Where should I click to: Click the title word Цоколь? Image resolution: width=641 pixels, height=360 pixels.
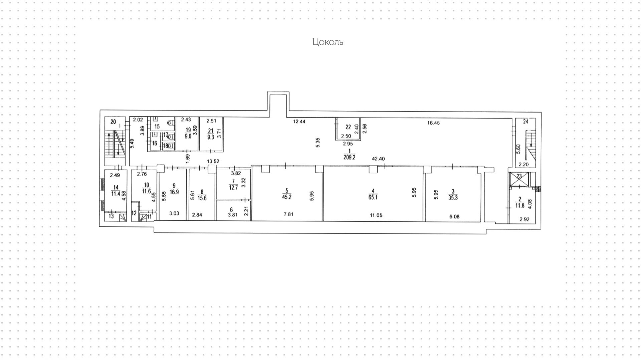coord(328,42)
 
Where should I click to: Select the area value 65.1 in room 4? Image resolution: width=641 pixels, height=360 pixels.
coord(373,197)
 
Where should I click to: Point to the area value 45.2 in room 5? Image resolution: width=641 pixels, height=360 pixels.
coord(287,197)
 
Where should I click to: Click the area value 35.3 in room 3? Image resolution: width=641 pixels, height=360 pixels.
coord(453,198)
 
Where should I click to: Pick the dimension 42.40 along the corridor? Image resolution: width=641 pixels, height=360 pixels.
coord(379,159)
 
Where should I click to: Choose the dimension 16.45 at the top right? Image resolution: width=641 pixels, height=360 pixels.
coord(434,123)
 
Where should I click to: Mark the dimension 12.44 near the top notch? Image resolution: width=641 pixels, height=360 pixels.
coord(299,122)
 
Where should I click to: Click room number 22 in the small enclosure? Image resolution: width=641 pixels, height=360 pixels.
coord(348,127)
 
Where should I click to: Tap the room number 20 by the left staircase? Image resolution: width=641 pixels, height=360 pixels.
coord(113,122)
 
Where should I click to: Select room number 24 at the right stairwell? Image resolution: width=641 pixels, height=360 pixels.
coord(525,122)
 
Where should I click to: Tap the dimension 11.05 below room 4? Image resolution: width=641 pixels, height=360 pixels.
coord(376,216)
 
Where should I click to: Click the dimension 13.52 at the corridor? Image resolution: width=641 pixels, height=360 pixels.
coord(213,161)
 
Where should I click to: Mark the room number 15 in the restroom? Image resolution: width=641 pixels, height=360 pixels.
coord(157,127)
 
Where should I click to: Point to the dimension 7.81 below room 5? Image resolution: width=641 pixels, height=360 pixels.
coord(288,214)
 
